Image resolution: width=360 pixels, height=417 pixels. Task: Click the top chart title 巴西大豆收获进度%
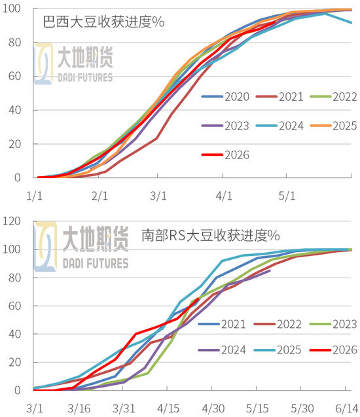coord(103,22)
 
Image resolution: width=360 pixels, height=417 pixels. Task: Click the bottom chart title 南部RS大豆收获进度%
coord(211,234)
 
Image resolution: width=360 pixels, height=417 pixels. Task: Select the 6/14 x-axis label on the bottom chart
coord(347,407)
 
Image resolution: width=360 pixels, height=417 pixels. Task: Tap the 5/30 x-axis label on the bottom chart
coord(302,407)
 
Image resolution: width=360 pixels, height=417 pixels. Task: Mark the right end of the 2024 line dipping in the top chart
coord(352,23)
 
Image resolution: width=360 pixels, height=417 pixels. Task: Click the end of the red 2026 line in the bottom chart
coord(198,299)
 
